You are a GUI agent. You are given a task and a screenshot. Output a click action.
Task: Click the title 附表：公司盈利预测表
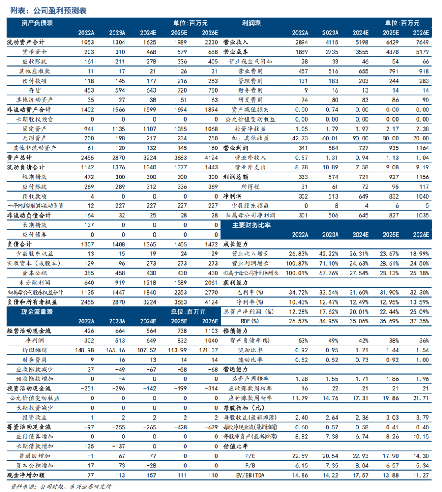[x=48, y=10]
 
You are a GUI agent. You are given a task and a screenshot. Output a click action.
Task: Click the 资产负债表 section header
[x=37, y=23]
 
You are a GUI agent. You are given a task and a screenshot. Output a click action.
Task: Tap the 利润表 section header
[x=251, y=23]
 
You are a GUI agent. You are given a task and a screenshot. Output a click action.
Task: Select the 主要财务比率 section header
[x=251, y=225]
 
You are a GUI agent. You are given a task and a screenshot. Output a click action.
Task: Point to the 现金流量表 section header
[x=37, y=312]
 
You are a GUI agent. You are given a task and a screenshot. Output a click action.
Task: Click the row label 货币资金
[x=34, y=52]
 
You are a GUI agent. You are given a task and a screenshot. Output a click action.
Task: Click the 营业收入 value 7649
[x=422, y=42]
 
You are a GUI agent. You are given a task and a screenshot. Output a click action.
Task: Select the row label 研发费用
[x=250, y=100]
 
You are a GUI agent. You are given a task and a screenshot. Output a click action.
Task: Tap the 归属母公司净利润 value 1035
[x=422, y=215]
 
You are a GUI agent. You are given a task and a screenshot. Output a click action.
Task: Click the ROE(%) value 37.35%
[x=419, y=321]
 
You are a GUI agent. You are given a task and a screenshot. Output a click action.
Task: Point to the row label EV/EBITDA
[x=250, y=475]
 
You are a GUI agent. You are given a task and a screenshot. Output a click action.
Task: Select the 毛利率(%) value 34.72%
[x=298, y=293]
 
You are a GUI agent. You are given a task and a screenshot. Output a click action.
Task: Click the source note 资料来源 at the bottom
[x=61, y=486]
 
